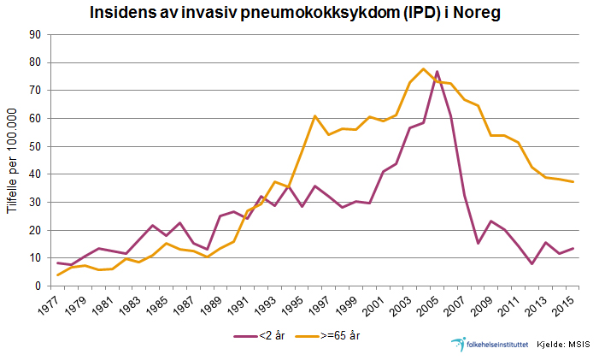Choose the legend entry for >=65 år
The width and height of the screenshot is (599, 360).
(x=334, y=334)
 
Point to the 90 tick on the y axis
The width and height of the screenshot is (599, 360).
(x=35, y=34)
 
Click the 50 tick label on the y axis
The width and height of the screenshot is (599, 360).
(x=35, y=146)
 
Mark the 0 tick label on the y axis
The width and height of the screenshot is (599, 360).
(x=38, y=286)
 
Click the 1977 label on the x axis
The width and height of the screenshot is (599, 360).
(x=54, y=303)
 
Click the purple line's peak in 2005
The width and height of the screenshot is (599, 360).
(x=437, y=71)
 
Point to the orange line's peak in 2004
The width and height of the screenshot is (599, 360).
(x=423, y=68)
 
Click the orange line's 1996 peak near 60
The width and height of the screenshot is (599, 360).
(x=315, y=115)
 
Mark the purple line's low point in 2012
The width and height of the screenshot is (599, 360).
(x=531, y=263)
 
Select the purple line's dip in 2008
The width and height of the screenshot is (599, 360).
(x=479, y=243)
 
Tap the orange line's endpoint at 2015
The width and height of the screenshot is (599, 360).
(x=572, y=181)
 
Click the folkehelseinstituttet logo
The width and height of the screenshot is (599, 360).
(x=488, y=343)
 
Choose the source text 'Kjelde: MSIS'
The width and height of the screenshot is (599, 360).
(x=565, y=344)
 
